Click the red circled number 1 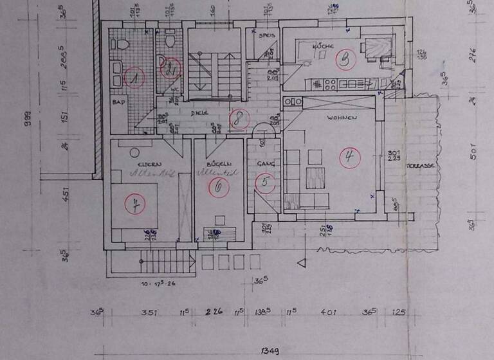tap(134, 78)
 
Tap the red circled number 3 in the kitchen tap(346, 60)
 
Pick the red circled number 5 tap(264, 183)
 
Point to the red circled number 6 tap(219, 187)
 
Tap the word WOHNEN tap(340, 118)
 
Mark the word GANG tap(266, 165)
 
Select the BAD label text tap(118, 102)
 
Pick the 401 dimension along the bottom tap(331, 313)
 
